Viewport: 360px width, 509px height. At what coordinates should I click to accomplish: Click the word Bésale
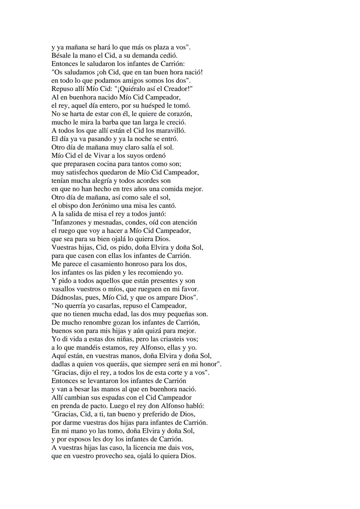61,56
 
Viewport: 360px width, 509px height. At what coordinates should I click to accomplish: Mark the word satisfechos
78,173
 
